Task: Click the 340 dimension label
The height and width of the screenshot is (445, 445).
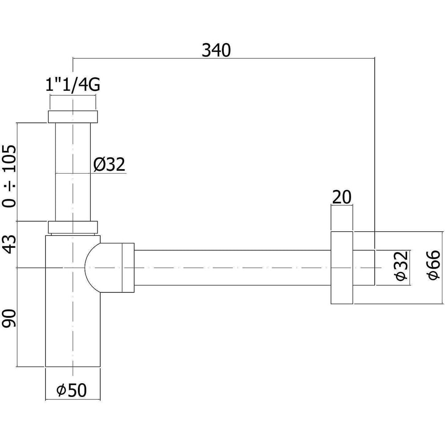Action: [216, 51]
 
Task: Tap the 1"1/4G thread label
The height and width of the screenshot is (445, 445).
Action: [73, 85]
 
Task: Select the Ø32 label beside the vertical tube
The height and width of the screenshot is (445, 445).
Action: [109, 164]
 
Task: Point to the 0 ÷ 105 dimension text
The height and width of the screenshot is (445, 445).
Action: [9, 176]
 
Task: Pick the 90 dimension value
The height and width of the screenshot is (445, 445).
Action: [8, 319]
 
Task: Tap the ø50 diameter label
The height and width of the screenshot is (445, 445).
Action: [72, 390]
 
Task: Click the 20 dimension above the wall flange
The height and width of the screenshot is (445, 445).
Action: [341, 197]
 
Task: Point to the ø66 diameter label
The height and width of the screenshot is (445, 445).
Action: [434, 265]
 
